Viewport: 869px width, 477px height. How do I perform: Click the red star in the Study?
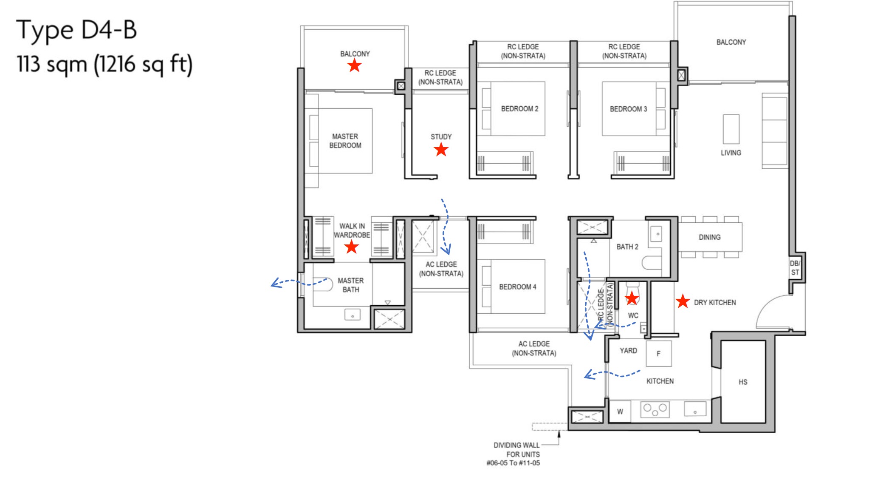441,150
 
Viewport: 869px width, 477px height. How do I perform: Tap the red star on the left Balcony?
354,65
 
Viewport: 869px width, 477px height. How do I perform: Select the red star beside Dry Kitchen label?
683,301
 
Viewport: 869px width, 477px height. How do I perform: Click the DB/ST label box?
795,268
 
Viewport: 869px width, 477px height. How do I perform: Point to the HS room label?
743,382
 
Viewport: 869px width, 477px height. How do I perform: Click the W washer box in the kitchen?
620,411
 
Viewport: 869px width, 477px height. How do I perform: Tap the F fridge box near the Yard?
659,353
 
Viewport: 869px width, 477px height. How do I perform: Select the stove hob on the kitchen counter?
655,409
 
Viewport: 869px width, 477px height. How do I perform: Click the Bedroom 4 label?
517,287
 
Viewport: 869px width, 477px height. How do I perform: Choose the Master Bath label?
350,285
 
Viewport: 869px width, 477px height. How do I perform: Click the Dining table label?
709,237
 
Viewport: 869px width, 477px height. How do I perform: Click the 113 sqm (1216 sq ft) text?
104,65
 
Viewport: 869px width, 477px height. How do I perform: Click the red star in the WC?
632,298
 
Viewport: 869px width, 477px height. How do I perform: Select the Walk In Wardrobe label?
352,230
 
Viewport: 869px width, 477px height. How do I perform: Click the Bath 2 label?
627,247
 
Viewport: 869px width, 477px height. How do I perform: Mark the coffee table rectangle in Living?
731,129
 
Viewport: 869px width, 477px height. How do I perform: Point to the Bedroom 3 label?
628,109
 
